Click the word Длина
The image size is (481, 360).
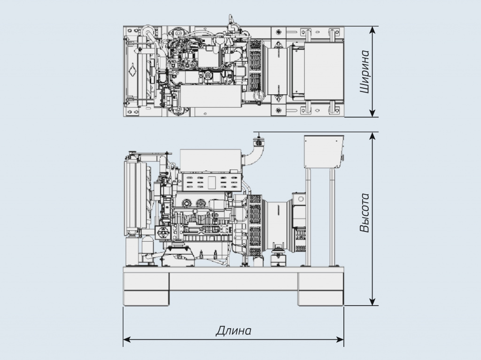233,330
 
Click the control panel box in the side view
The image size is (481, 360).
324,151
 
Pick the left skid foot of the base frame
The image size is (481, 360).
146,289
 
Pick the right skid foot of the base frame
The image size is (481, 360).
321,289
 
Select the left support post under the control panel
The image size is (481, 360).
309,216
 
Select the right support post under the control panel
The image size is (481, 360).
332,216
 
